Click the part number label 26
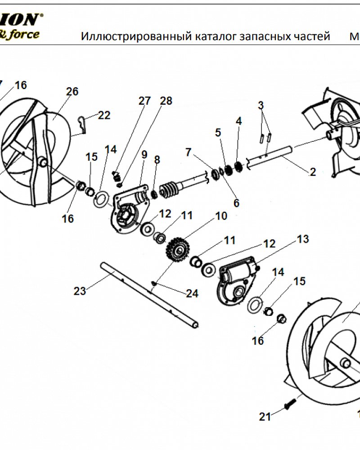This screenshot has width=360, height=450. pos(72,91)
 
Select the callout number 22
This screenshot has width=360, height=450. pos(104,116)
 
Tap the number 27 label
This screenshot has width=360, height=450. pos(144,100)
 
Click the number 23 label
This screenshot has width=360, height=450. pos(80,291)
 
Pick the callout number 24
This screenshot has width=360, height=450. pos(192,293)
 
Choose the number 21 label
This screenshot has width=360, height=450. pos(265,417)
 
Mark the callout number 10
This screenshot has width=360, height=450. pos(221,216)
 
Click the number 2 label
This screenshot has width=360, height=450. pos(313,171)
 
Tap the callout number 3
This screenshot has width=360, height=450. pos(261,105)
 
